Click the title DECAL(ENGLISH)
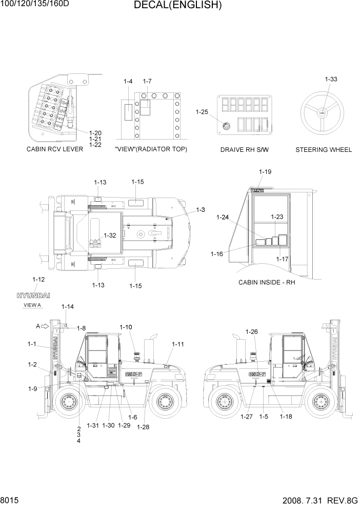click(x=177, y=6)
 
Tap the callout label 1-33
click(x=331, y=79)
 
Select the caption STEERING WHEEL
click(x=324, y=150)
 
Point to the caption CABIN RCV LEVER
click(x=55, y=150)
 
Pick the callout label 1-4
click(x=128, y=82)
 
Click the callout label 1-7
click(x=147, y=82)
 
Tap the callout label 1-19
click(x=265, y=172)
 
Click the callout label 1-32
click(x=110, y=236)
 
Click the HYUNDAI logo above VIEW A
click(x=33, y=296)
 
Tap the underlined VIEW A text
click(x=32, y=305)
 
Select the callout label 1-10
click(x=126, y=327)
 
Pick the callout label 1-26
click(x=251, y=331)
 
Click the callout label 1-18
click(x=286, y=416)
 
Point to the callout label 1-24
click(x=223, y=217)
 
